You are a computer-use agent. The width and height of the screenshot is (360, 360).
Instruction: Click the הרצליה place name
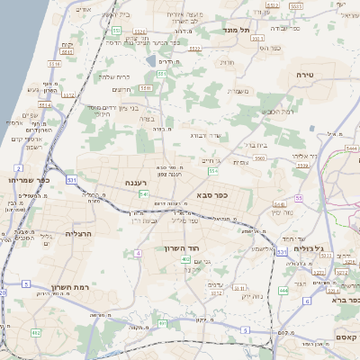point(80,233)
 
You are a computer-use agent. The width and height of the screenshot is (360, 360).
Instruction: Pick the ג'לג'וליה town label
point(319,249)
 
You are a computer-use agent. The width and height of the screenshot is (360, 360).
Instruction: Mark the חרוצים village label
point(121,90)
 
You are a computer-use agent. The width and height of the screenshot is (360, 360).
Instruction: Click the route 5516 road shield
point(54,65)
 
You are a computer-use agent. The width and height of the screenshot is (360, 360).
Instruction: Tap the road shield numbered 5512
point(141,31)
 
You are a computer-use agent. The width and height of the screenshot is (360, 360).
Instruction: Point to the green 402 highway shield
point(184,260)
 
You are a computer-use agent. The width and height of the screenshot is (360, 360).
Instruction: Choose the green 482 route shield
point(36,332)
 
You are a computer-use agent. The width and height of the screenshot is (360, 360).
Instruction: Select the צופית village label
point(240,162)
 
